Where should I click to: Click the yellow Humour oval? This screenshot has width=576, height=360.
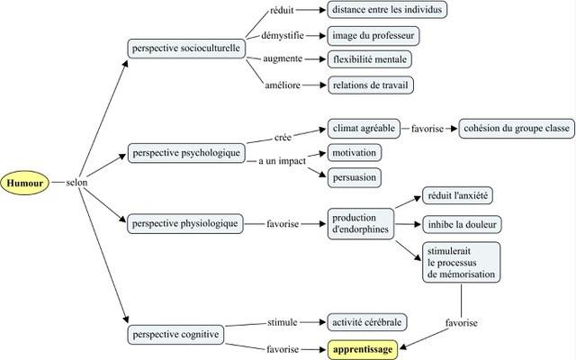point(24,183)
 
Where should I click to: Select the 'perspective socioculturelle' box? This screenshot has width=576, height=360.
point(186,49)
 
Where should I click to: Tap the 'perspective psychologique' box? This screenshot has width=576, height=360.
point(186,153)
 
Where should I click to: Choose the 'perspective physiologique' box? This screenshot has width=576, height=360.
point(185,224)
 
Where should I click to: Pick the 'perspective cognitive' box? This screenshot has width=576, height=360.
point(175,335)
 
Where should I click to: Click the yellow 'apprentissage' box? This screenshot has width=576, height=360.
point(363,349)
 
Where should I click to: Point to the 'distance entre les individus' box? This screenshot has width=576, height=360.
point(387,10)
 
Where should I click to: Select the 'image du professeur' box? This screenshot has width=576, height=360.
point(373,36)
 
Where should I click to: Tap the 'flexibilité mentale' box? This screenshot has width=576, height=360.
point(370,59)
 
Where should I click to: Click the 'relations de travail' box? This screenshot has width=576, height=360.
point(371,85)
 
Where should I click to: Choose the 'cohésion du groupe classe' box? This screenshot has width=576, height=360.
point(517,129)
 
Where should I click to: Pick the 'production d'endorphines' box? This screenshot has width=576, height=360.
point(361,224)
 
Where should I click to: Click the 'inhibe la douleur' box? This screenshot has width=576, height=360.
point(462,224)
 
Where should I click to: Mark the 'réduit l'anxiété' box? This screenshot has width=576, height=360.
point(458,195)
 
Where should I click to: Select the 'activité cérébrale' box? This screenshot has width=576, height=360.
point(367,322)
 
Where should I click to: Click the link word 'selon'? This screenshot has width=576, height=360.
point(76,183)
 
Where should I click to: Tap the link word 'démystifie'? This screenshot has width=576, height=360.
point(283,36)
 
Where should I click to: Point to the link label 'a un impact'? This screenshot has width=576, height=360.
point(282,161)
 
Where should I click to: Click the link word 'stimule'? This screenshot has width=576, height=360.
point(282,322)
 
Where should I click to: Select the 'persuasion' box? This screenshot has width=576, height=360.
point(355,178)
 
